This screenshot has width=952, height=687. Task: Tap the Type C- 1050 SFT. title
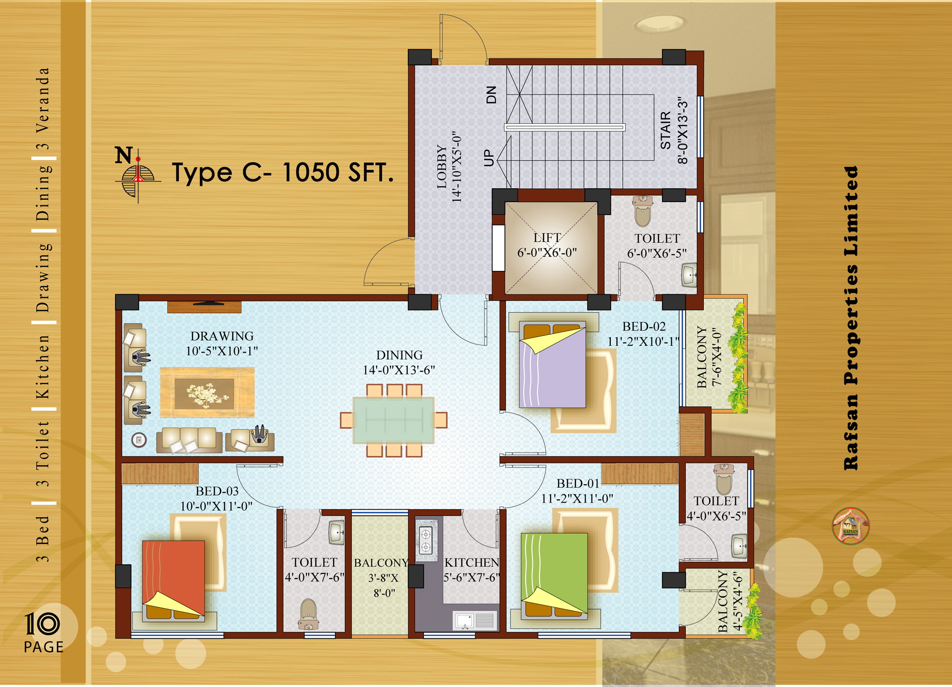pos(283,172)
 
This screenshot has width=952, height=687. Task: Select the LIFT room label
pos(547,237)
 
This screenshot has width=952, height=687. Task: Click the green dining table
pos(393,420)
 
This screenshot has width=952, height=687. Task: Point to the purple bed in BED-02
pos(552,365)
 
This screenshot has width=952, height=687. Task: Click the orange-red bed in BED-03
pos(173,580)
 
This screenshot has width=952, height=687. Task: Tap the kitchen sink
pos(475,621)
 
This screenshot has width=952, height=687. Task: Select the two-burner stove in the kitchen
pos(425,540)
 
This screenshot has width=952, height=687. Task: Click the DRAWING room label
pos(222,336)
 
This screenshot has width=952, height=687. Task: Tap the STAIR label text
pos(666,130)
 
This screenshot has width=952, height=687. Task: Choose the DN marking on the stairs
pos(491,95)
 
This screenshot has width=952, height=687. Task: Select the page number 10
pos(42,624)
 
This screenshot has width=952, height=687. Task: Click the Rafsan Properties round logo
pos(851,526)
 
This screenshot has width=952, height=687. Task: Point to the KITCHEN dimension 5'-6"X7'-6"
pos(472,578)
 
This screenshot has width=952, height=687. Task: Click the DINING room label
pos(399,355)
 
